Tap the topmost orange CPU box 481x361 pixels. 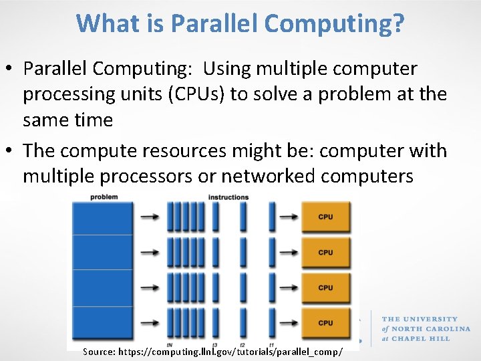tap(325, 217)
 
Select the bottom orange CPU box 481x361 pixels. tap(325, 323)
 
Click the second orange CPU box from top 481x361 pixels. tap(325, 253)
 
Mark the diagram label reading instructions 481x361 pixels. tap(228, 197)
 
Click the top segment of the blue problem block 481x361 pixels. tap(102, 217)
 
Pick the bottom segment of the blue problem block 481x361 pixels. tap(102, 324)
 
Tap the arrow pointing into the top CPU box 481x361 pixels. tap(289, 217)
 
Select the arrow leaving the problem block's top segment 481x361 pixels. tap(151, 217)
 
